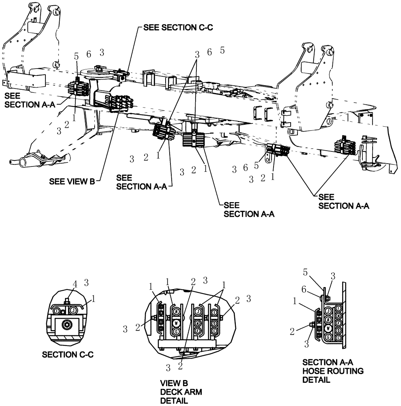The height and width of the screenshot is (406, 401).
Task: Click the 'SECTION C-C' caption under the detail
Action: tap(68, 355)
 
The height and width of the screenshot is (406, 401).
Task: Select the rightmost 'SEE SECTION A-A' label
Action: tap(343, 201)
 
